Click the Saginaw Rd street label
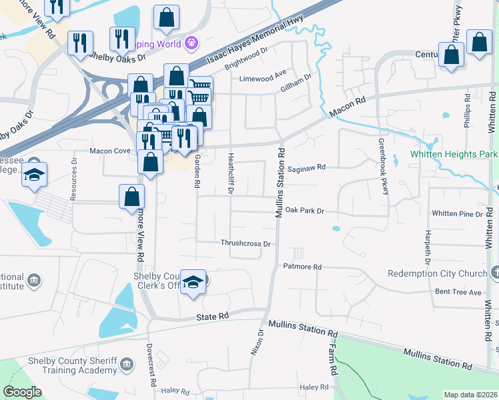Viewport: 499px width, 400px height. [x=307, y=167]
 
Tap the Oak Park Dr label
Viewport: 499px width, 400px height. [x=304, y=211]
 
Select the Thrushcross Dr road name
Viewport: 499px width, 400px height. [x=245, y=244]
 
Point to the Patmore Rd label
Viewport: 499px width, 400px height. [x=303, y=267]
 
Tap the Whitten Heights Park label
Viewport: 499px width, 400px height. [x=454, y=154]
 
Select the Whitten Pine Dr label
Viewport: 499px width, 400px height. [x=457, y=214]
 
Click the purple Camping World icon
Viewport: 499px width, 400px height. [x=192, y=43]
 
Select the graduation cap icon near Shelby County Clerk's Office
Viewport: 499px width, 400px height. [x=193, y=282]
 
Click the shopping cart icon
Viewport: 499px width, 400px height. [x=199, y=87]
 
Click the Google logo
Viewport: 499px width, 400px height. [x=22, y=392]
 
